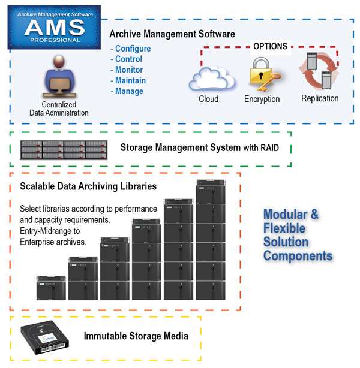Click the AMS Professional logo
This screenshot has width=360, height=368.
[54, 28]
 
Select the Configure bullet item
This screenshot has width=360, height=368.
[131, 49]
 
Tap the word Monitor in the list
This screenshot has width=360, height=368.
[129, 70]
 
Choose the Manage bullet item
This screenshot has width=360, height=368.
[127, 91]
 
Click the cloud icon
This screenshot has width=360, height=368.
[212, 79]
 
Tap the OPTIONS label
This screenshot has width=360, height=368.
[270, 46]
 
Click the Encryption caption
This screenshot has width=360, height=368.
[262, 99]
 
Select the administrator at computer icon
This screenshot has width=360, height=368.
[59, 77]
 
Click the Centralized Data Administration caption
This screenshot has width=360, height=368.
[59, 108]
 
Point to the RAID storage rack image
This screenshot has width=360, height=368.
[64, 150]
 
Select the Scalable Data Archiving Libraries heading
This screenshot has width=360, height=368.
[88, 186]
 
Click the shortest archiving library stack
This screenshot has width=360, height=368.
[51, 288]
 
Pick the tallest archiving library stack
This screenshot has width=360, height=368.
[211, 240]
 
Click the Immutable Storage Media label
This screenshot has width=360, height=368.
[136, 336]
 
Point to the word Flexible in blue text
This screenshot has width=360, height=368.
[284, 228]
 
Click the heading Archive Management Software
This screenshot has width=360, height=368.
[172, 34]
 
